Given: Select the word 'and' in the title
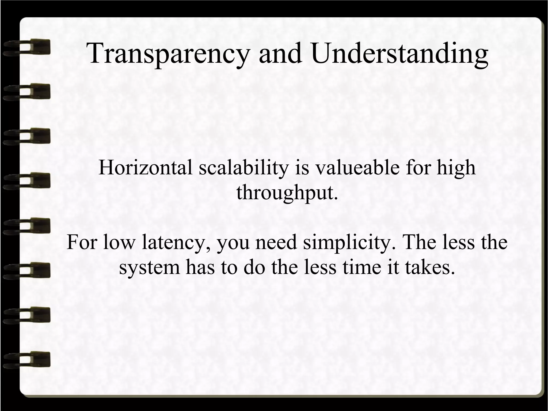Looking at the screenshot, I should click(280, 54).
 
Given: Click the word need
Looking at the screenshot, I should click(276, 242).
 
